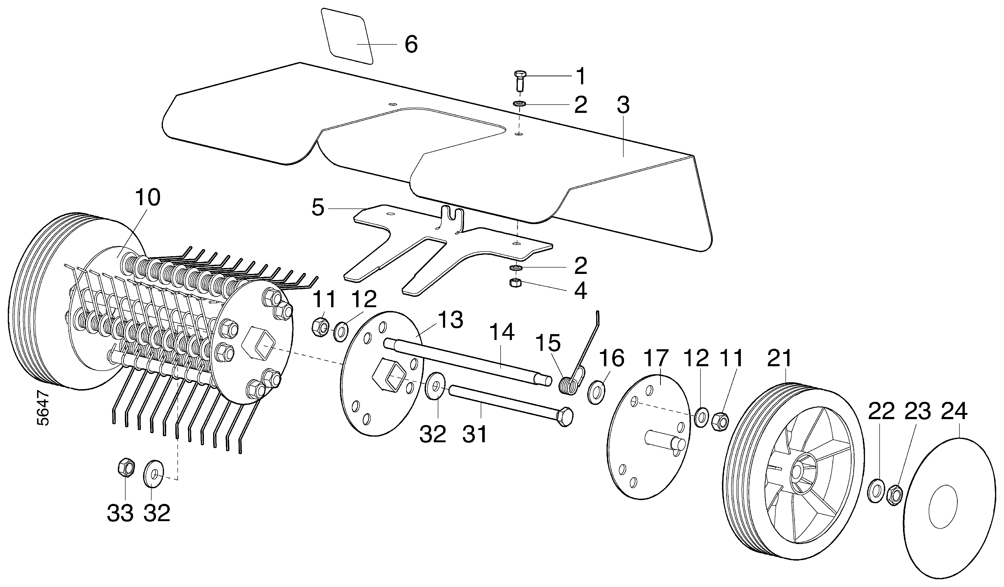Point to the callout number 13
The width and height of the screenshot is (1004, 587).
click(x=451, y=320)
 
